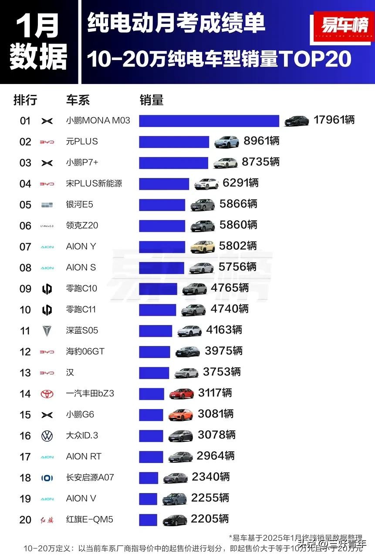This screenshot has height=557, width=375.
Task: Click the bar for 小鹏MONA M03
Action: click(209, 121)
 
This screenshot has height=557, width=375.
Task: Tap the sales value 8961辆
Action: click(261, 141)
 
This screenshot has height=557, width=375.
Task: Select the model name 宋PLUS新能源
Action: click(94, 184)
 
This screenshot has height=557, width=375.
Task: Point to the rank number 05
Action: click(25, 205)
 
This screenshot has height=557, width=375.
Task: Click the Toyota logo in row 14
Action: click(47, 394)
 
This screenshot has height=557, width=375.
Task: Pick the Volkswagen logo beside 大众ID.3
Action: click(47, 436)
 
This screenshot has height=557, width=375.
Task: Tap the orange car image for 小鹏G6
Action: click(181, 414)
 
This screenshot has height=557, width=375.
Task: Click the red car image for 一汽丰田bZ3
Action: click(182, 393)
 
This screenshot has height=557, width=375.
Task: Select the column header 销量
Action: click(152, 100)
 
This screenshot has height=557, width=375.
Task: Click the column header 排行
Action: click(25, 100)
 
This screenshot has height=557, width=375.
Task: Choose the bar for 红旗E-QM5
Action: click(148, 520)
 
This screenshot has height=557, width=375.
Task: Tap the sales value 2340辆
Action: click(211, 477)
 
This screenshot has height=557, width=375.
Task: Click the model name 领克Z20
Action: click(82, 225)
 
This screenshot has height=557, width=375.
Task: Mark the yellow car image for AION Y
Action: click(203, 247)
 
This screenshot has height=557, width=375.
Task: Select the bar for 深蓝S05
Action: click(155, 331)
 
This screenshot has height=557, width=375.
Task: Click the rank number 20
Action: click(25, 520)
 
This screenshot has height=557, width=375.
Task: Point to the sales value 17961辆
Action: click(334, 120)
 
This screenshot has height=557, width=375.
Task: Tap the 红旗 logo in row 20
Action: click(47, 520)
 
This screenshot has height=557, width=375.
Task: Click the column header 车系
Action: click(78, 100)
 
